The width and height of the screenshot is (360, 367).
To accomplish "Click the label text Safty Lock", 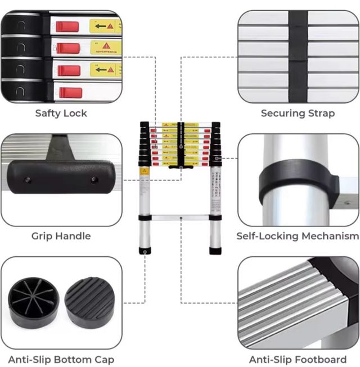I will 61,113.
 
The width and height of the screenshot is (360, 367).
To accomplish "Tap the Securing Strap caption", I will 298,113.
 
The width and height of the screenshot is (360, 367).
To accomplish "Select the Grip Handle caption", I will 61,236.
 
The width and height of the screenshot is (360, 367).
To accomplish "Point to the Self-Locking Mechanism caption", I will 298,236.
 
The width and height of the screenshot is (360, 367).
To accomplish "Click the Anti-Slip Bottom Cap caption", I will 61,359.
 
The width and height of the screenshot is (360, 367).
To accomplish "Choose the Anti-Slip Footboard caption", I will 298,359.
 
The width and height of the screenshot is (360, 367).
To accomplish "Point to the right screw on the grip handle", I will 94,179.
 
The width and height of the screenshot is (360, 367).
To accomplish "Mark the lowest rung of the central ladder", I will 180,217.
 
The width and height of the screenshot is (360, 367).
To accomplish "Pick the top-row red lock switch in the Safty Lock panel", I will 69,26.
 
